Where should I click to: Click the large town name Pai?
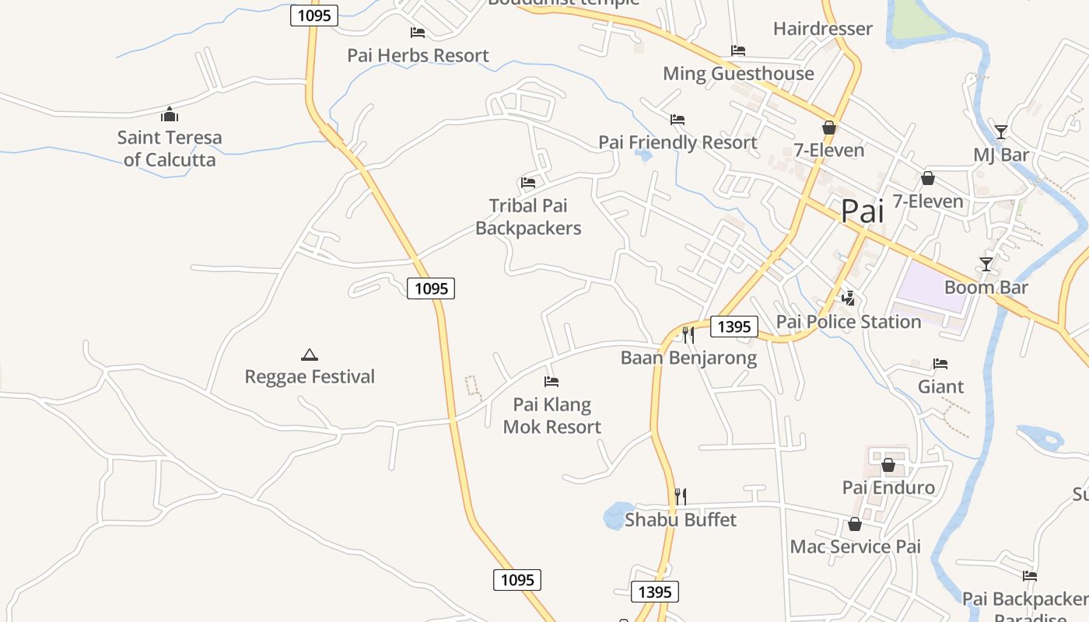pyautogui.click(x=863, y=211)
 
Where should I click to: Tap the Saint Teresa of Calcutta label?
pyautogui.click(x=170, y=149)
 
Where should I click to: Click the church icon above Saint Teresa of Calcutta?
pyautogui.click(x=170, y=115)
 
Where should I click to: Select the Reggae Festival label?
pyautogui.click(x=310, y=377)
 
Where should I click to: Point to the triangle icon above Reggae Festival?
pyautogui.click(x=310, y=355)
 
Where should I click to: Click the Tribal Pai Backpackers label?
pyautogui.click(x=528, y=217)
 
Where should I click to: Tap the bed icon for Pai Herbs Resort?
pyautogui.click(x=418, y=33)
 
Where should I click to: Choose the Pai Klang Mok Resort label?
pyautogui.click(x=552, y=416)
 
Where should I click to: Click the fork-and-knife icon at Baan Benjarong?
pyautogui.click(x=688, y=334)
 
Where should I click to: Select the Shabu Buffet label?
pyautogui.click(x=681, y=519)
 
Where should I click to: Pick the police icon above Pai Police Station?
pyautogui.click(x=849, y=298)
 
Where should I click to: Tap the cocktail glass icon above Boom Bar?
pyautogui.click(x=986, y=264)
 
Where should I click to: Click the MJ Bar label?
pyautogui.click(x=1001, y=155)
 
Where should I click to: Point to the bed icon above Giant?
pyautogui.click(x=940, y=364)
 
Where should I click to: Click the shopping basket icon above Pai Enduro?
pyautogui.click(x=888, y=465)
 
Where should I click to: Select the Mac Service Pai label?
pyautogui.click(x=855, y=547)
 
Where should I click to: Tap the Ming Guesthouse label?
pyautogui.click(x=738, y=74)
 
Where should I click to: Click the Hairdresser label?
pyautogui.click(x=823, y=29)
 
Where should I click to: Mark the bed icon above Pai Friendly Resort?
pyautogui.click(x=678, y=120)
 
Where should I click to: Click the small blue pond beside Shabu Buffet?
pyautogui.click(x=617, y=515)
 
